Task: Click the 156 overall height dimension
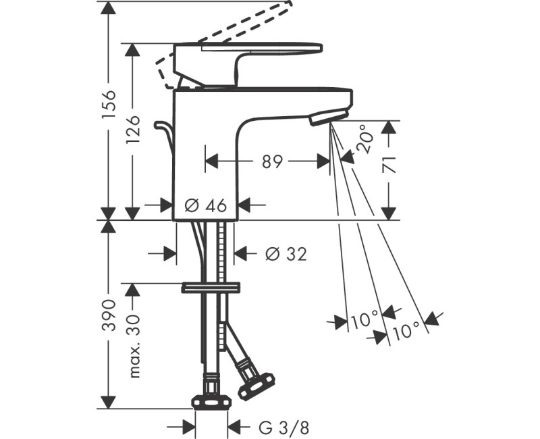tap(108, 105)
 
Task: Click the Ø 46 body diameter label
tap(206, 205)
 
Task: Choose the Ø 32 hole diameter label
tap(286, 255)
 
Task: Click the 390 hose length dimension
tap(108, 315)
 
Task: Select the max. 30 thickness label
tap(134, 346)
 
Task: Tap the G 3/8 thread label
tap(284, 428)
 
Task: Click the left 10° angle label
tap(364, 319)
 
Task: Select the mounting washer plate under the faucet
tap(211, 288)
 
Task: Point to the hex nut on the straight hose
tap(211, 402)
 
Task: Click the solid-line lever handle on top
tap(248, 65)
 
